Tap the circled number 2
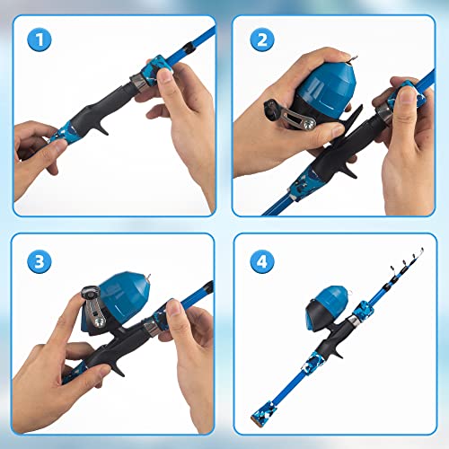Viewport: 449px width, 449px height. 260,40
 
